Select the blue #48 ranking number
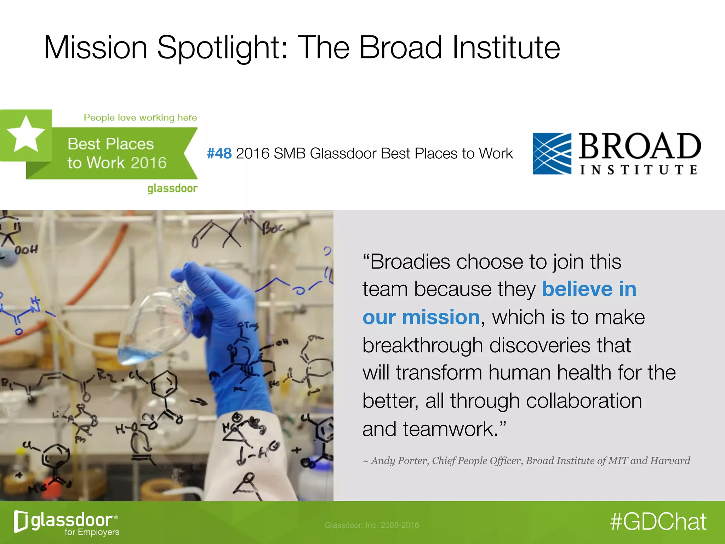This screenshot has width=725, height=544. pos(219,154)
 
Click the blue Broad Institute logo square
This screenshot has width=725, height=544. pos(552,154)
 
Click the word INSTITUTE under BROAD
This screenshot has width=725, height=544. pos(639,170)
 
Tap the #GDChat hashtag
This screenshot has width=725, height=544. pos(658,522)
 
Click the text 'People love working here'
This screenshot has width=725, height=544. pos(140,118)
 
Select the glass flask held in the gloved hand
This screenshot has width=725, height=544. pos(156,326)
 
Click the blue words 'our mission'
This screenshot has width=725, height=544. pos(421,317)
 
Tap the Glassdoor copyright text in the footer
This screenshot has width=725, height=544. pos(372,525)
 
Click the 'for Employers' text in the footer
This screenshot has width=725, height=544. pos(92,532)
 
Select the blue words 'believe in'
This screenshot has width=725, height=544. pos(589,289)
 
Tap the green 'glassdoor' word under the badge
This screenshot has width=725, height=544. pos(172,188)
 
